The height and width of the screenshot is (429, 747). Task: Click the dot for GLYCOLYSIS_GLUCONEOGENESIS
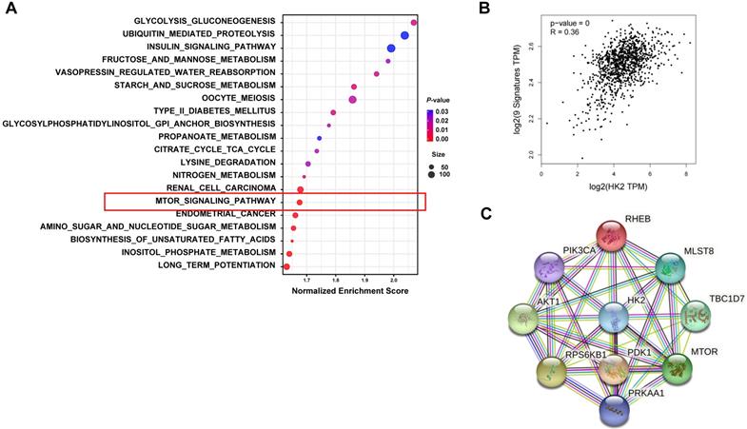(414, 22)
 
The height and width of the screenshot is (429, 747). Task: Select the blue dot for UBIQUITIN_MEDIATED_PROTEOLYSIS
(404, 35)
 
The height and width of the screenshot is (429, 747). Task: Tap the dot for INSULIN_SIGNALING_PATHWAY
(391, 49)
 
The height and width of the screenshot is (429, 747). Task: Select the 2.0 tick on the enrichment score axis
(395, 281)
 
